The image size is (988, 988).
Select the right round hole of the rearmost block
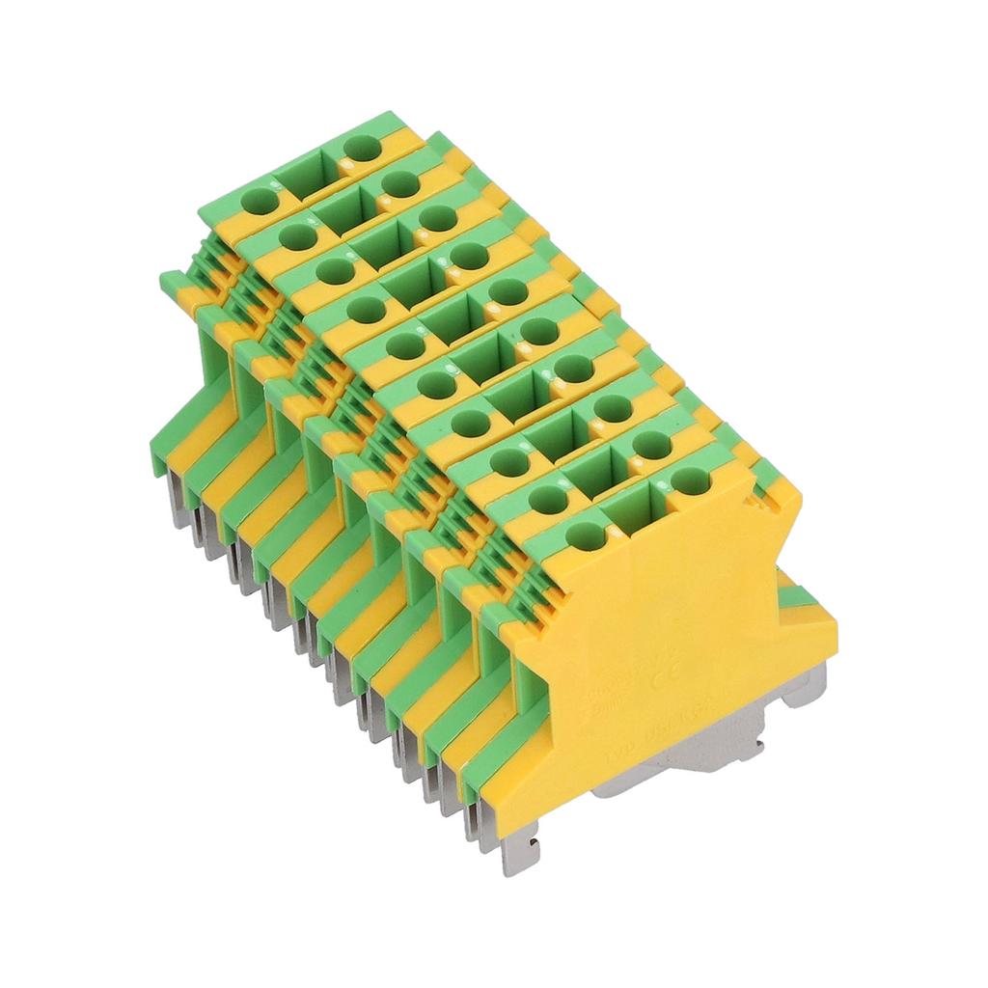click(363, 149)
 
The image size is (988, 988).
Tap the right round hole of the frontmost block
click(686, 480)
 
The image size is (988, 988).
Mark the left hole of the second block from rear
click(293, 235)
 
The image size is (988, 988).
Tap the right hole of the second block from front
click(652, 445)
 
